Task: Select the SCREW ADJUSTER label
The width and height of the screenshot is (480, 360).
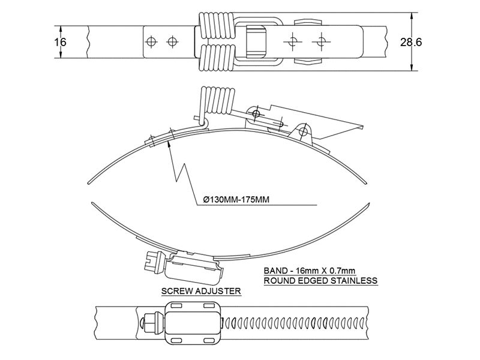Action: click(201, 292)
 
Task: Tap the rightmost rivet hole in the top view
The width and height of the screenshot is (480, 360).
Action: click(323, 41)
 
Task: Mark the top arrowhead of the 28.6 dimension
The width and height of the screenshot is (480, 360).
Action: click(412, 15)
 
